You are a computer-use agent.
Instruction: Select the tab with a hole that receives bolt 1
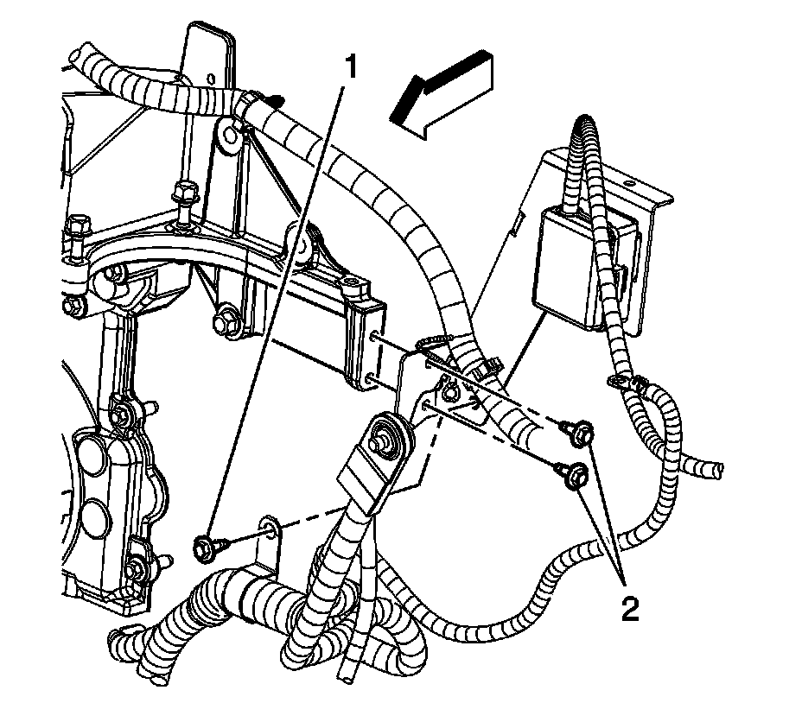[271, 529]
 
